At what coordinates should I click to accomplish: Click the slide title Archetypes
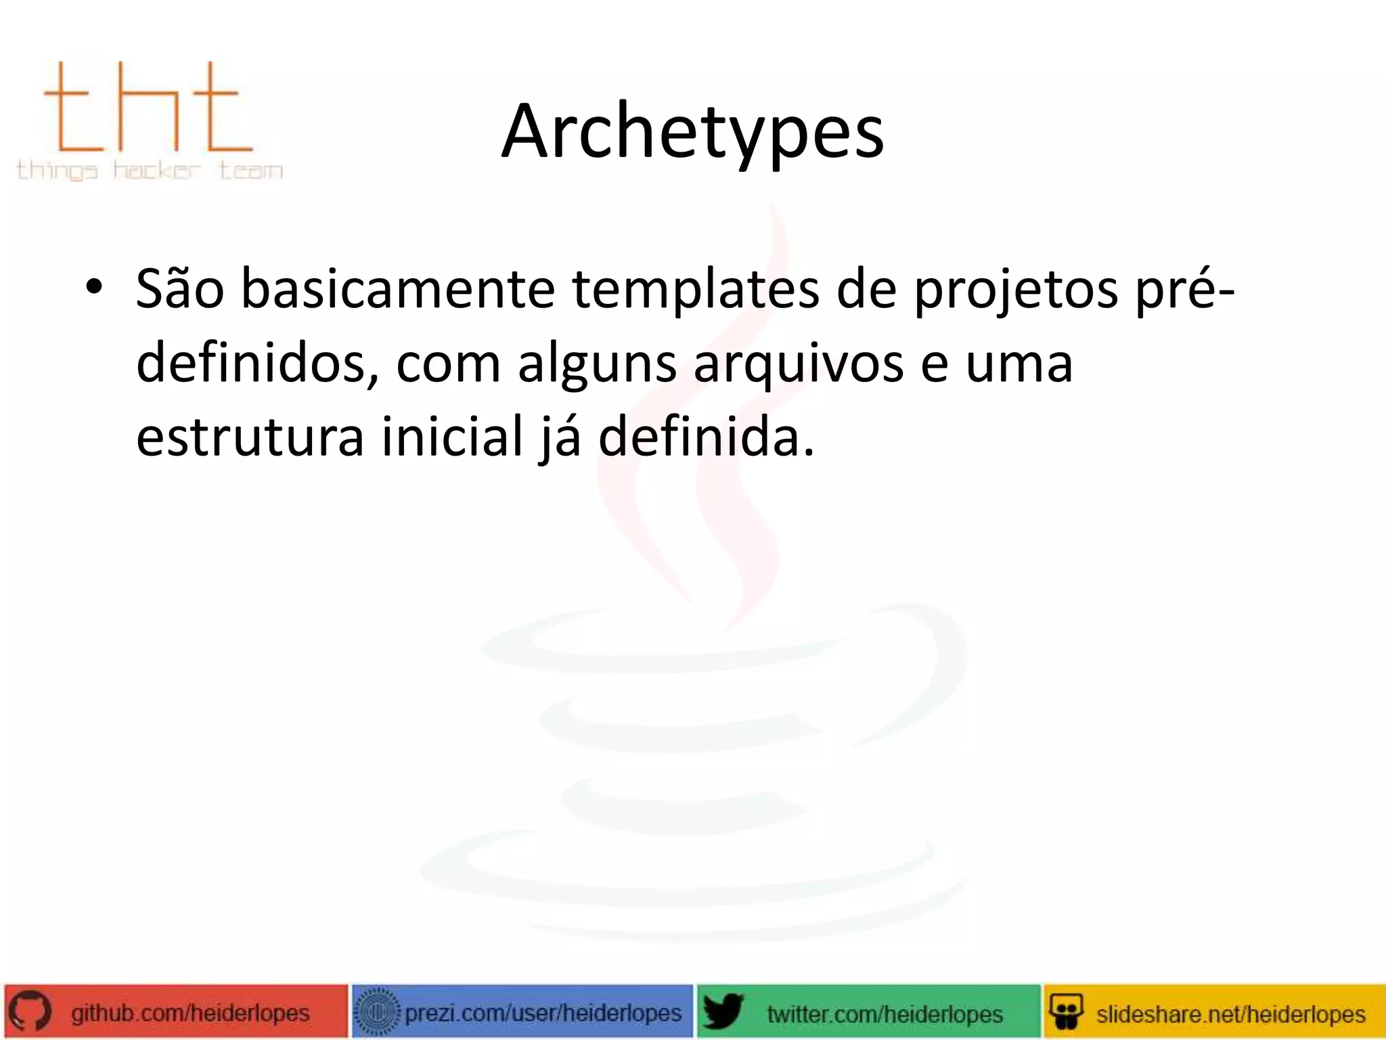click(692, 131)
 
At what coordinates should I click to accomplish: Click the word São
click(179, 290)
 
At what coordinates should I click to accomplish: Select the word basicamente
click(397, 290)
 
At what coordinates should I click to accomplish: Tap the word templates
click(695, 290)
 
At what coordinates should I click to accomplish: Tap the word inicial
click(452, 437)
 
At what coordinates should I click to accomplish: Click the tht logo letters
click(148, 108)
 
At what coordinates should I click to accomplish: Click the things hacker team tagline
click(150, 170)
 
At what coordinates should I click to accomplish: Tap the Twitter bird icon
click(722, 1012)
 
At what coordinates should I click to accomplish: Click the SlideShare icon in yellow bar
click(1066, 1012)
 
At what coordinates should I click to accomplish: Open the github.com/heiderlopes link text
click(190, 1013)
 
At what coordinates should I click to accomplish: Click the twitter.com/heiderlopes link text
click(885, 1014)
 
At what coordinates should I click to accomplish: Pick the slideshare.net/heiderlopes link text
click(1230, 1014)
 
